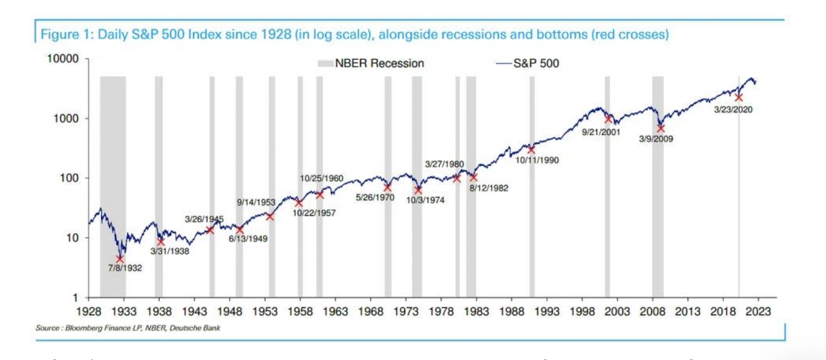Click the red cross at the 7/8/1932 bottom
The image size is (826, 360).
[x=120, y=259]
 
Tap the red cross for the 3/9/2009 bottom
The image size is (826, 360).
[x=660, y=128]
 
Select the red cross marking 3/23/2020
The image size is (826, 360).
[x=739, y=97]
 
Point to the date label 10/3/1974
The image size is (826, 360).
[x=425, y=200]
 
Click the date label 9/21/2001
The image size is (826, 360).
[x=601, y=132]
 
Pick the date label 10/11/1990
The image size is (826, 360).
[x=537, y=160]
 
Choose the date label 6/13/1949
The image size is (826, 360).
[x=248, y=238]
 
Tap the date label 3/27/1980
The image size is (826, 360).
[x=444, y=164]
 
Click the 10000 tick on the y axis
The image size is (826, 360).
[x=63, y=59]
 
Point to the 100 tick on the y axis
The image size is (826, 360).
[x=70, y=178]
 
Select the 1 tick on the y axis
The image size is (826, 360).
[x=76, y=297]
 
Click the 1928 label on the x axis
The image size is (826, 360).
[x=88, y=311]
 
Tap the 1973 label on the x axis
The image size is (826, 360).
[x=406, y=311]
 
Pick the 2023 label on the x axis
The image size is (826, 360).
[x=758, y=311]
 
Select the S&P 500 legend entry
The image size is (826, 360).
[x=529, y=63]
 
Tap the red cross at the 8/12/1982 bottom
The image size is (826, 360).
[x=473, y=177]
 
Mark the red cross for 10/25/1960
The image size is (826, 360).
[x=320, y=195]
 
